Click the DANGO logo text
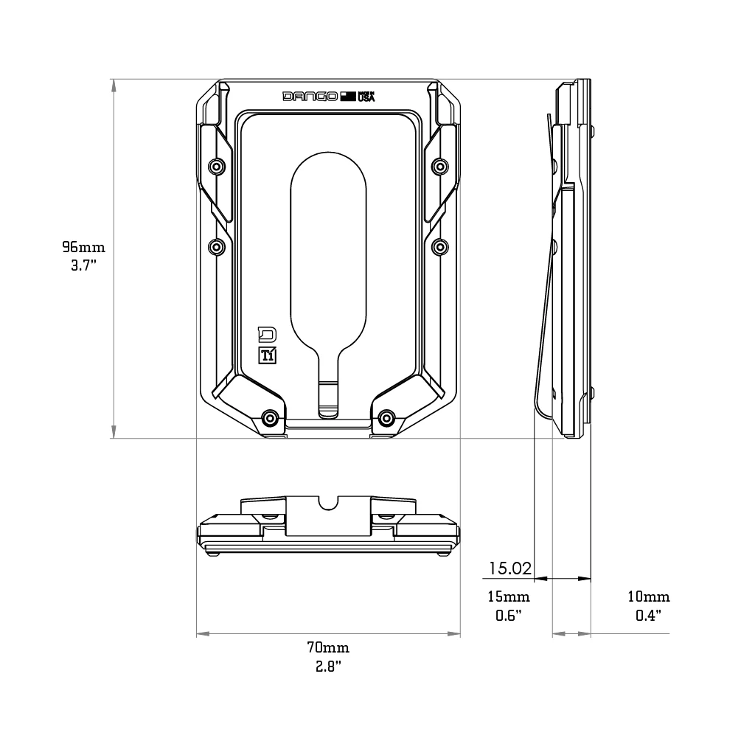click(310, 97)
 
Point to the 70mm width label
click(328, 648)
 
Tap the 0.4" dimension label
click(649, 615)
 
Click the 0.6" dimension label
click(509, 615)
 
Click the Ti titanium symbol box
click(268, 355)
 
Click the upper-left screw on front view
click(216, 167)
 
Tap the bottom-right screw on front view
click(386, 419)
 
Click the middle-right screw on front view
click(439, 246)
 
